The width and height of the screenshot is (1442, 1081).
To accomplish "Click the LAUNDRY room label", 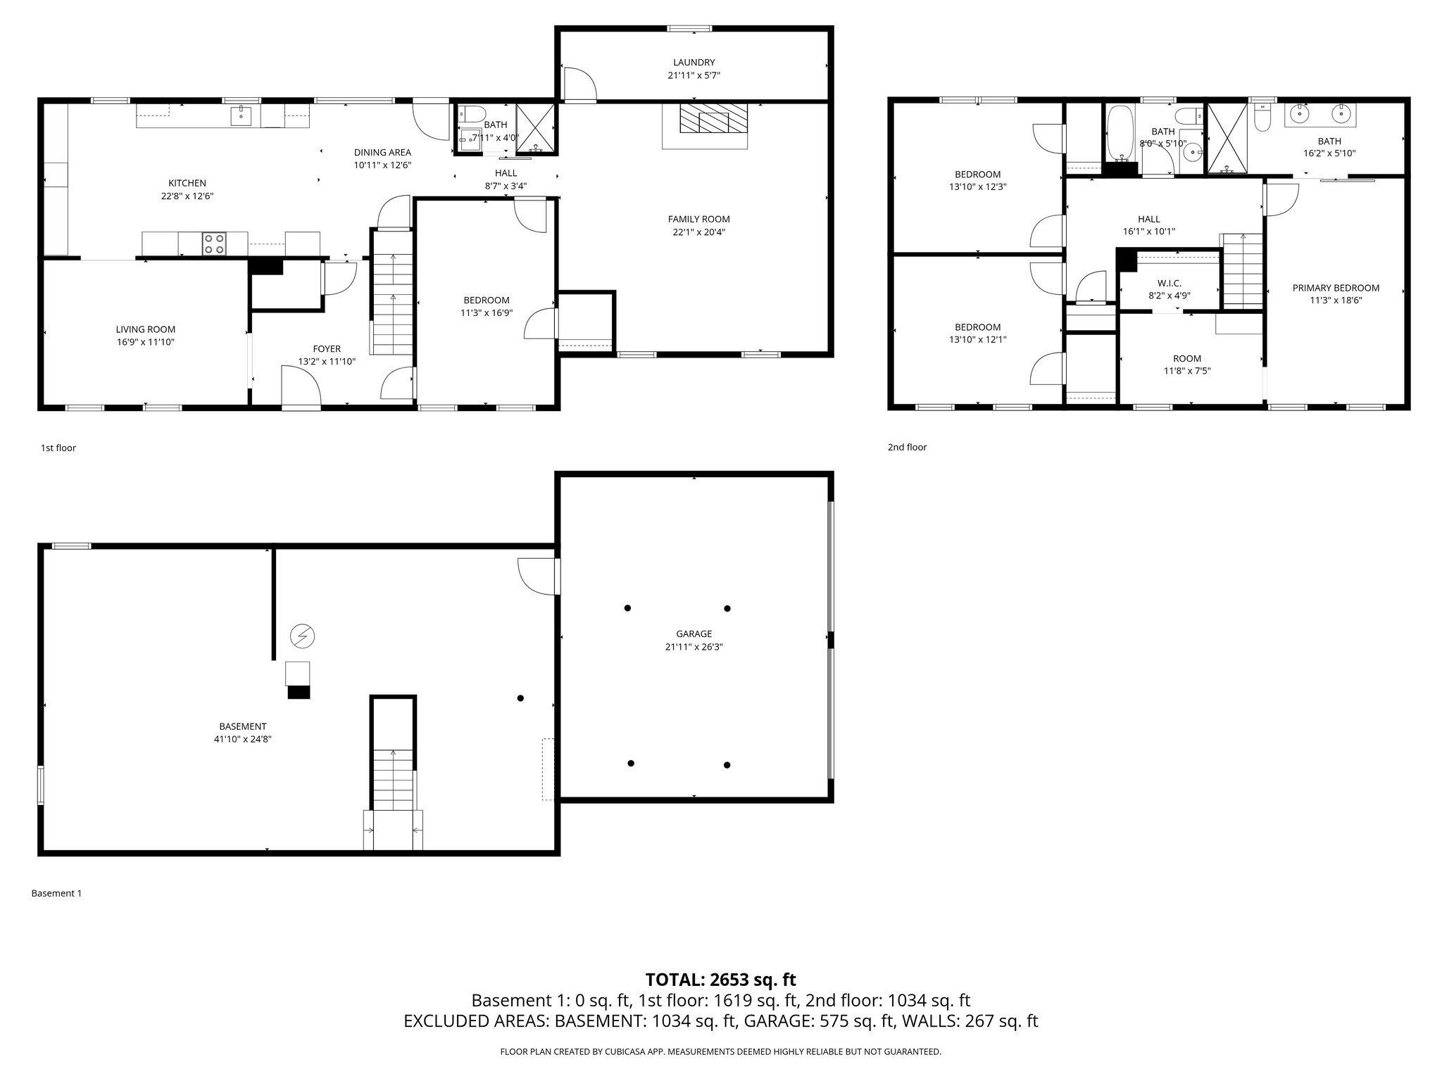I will click(694, 63).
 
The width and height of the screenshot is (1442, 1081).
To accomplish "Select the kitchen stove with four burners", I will click(215, 244).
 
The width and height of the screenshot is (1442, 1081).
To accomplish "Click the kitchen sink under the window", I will click(241, 115).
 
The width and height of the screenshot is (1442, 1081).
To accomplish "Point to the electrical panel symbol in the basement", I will click(302, 637).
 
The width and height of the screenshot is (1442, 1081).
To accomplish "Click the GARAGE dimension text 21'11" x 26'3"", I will click(694, 647).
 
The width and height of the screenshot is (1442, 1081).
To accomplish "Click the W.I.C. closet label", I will click(1169, 283).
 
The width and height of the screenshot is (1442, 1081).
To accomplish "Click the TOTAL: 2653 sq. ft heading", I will click(720, 980).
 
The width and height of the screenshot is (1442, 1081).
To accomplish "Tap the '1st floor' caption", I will click(58, 448).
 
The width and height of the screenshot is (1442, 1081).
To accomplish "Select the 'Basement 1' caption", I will click(56, 893).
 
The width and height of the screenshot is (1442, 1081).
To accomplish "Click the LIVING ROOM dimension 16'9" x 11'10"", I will click(145, 342).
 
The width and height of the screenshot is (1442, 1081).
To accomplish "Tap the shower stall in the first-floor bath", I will click(535, 128).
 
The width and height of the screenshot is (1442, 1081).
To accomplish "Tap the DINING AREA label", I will click(382, 152).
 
